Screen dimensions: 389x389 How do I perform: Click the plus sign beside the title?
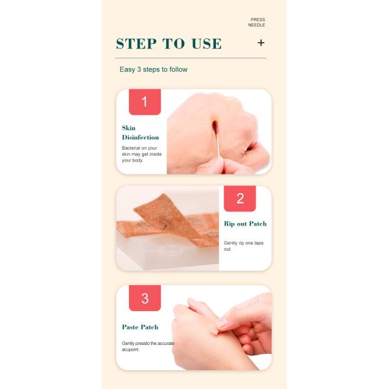[x=261, y=43]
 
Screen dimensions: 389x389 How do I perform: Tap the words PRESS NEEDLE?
[x=257, y=22]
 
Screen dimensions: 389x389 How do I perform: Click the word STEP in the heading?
[x=136, y=43]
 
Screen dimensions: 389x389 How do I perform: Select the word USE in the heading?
[x=207, y=43]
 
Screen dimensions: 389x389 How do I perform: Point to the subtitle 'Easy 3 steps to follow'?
[x=153, y=69]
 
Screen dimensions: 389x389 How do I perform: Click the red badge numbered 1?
[x=145, y=102]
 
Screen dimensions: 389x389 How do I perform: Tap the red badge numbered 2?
[x=240, y=198]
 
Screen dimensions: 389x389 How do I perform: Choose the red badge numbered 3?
[x=145, y=298]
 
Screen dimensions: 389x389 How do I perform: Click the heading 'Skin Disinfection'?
[x=141, y=133]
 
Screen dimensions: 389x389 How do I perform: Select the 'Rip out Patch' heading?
[x=245, y=224]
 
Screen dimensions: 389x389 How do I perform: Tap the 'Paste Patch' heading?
[x=140, y=327]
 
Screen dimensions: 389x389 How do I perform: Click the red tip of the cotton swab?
[x=215, y=126]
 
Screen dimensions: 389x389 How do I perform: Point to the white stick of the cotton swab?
[x=218, y=145]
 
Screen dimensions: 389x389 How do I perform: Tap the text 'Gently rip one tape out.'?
[x=244, y=246]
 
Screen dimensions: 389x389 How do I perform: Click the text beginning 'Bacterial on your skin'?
[x=141, y=154]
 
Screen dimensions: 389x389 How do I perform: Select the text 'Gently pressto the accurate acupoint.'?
[x=148, y=346]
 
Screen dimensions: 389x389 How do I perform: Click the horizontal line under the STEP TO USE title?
[x=191, y=58]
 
